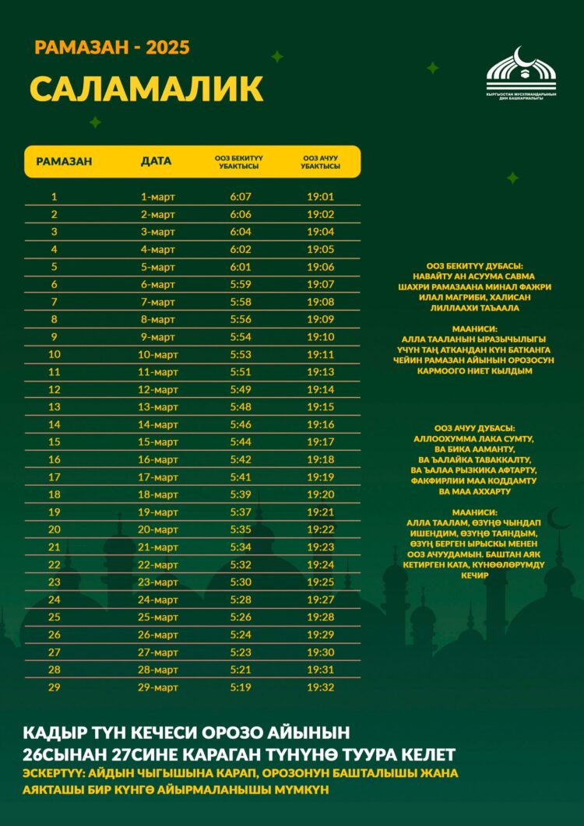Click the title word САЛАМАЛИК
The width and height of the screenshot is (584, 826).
tap(146, 89)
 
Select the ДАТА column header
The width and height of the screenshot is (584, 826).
tap(157, 162)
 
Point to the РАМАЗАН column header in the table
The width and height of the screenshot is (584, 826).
tap(64, 162)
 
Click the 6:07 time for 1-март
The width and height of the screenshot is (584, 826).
tap(241, 197)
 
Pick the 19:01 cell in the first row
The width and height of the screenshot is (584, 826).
tap(320, 197)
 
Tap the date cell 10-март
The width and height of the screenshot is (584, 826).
tap(157, 354)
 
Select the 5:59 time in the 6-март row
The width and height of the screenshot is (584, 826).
tap(241, 284)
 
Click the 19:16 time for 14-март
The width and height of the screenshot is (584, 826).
tap(320, 424)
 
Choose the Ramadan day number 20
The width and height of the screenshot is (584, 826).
tap(55, 529)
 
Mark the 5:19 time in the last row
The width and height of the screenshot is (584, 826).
tap(241, 687)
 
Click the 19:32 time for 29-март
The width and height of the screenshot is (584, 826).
tap(320, 687)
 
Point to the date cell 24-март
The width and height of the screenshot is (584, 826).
tap(157, 599)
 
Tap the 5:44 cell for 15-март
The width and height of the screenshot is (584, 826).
tap(241, 442)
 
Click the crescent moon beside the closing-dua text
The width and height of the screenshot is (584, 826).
tap(558, 518)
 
